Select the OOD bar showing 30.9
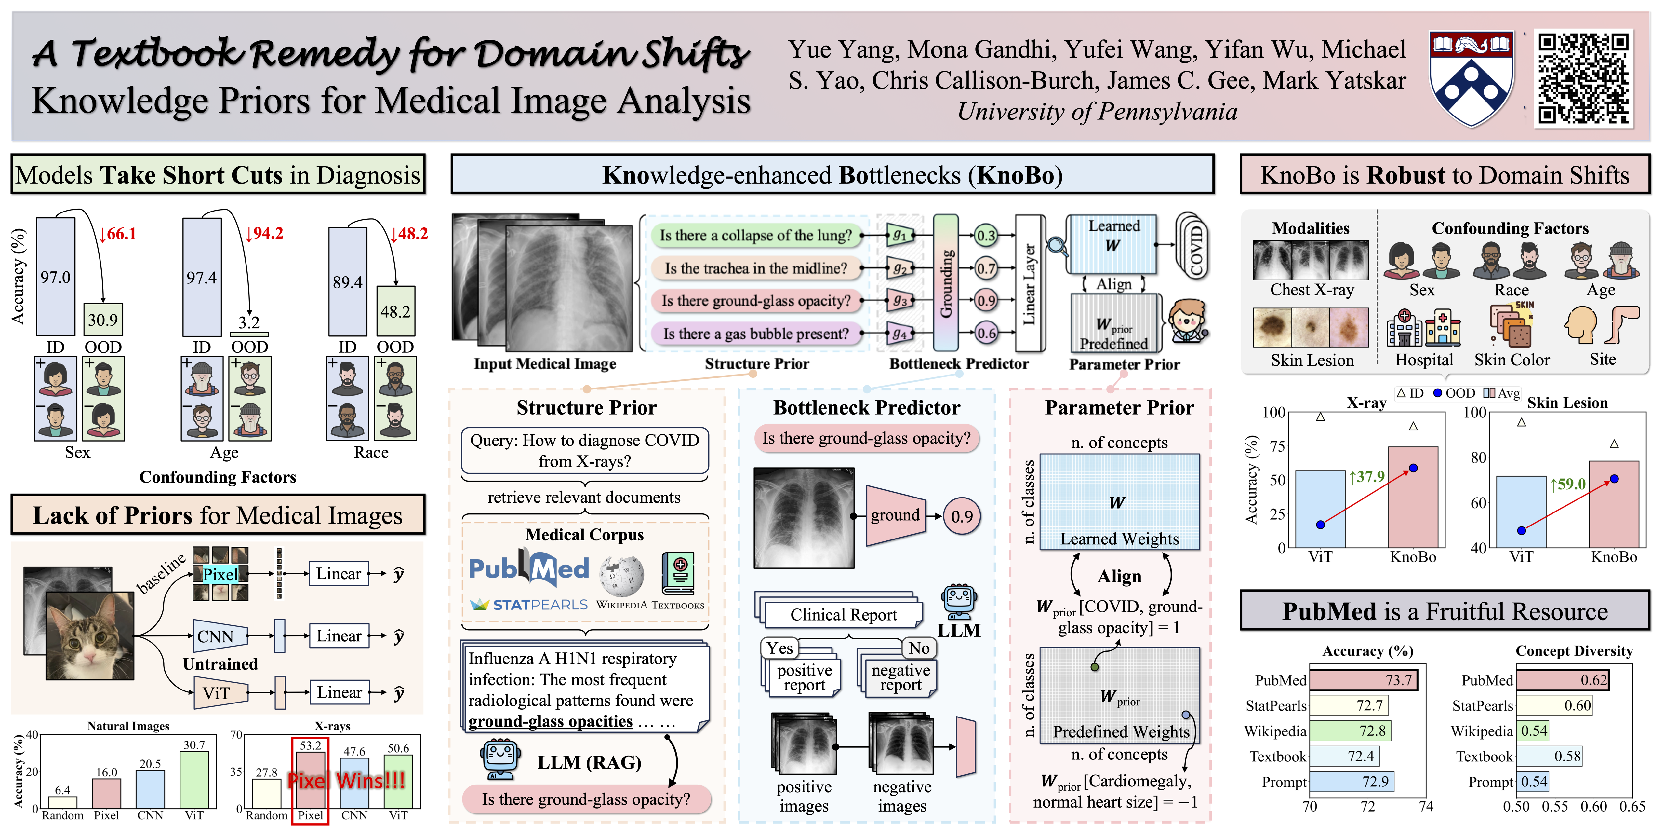point(103,320)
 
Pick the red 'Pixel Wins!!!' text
point(346,781)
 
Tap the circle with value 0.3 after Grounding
point(986,235)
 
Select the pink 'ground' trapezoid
point(895,515)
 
